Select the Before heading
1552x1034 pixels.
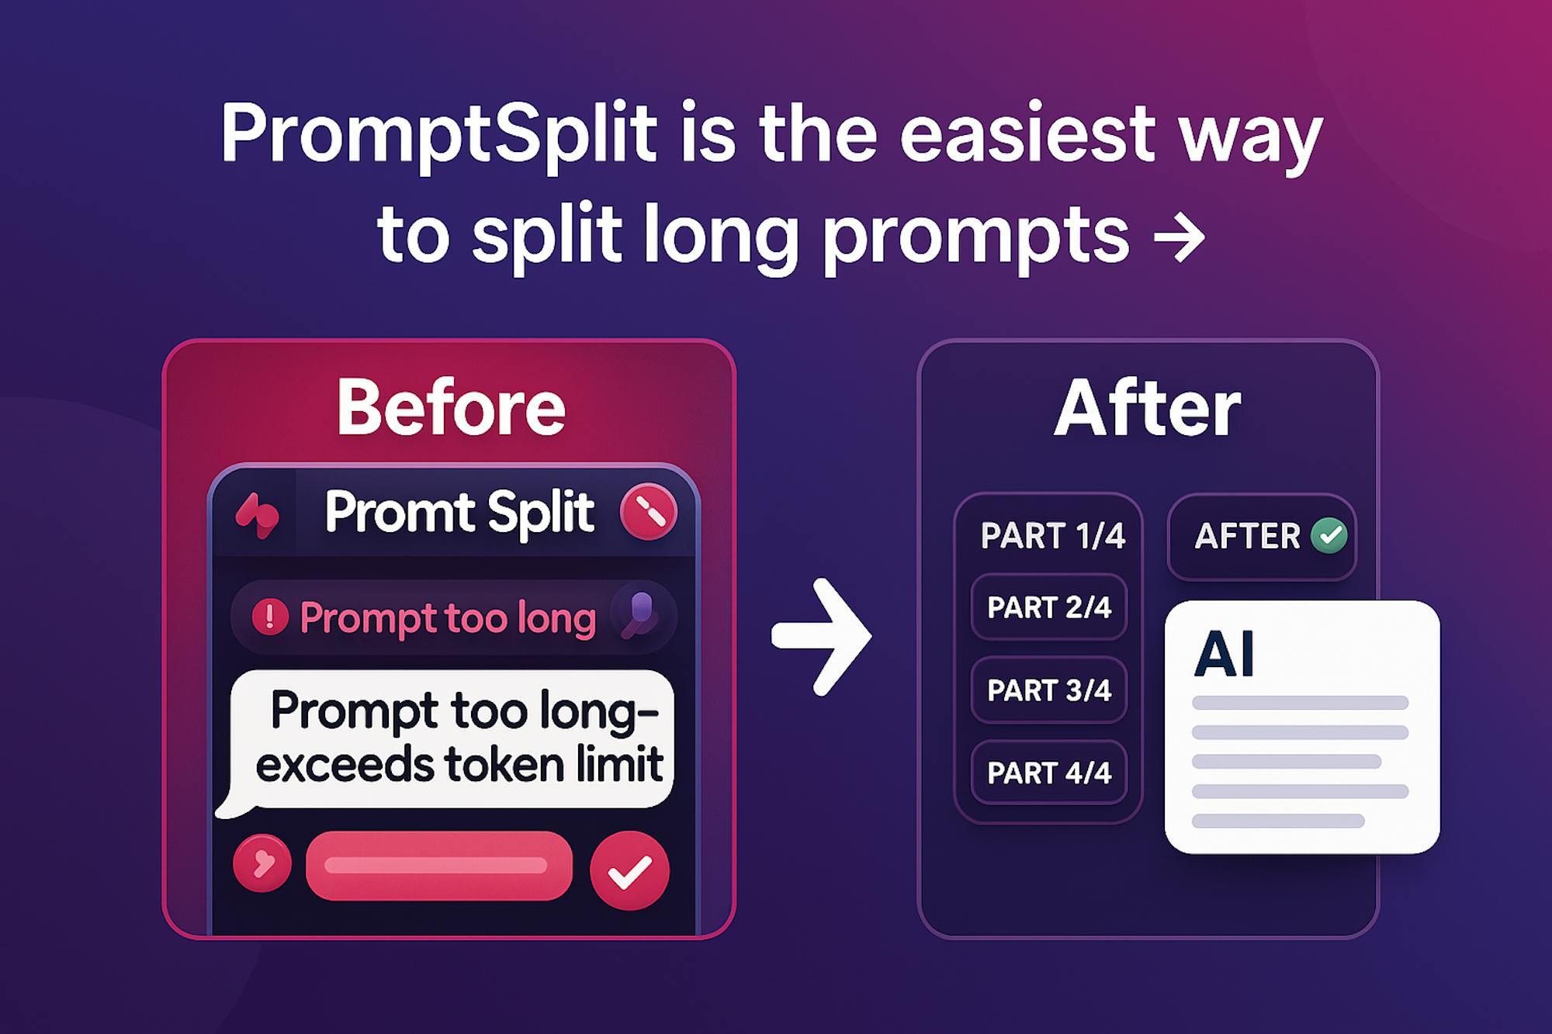point(451,408)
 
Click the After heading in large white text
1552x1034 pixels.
point(1148,408)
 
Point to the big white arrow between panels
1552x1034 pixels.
point(822,636)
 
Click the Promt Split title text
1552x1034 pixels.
point(459,513)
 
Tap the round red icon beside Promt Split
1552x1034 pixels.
point(649,511)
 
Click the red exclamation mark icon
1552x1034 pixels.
point(270,617)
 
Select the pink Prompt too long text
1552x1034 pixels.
point(448,619)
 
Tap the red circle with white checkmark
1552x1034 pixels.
point(629,870)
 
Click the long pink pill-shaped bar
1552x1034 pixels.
point(439,866)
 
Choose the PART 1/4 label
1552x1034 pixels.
point(1052,536)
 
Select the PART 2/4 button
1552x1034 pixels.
point(1049,607)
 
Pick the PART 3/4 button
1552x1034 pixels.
point(1049,690)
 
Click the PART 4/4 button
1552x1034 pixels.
point(1049,773)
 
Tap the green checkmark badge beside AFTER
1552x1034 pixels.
point(1329,535)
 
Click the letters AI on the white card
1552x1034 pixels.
point(1224,654)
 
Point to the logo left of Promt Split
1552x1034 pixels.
point(258,515)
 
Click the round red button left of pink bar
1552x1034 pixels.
point(262,863)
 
